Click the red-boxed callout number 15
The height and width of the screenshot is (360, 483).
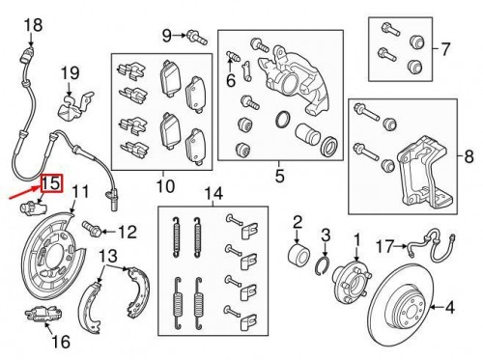[50, 182]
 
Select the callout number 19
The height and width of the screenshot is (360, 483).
[70, 72]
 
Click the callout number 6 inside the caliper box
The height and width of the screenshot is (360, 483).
[231, 81]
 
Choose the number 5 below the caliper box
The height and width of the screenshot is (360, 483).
[280, 176]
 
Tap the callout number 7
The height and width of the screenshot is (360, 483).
[445, 47]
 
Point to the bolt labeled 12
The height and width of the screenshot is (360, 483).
[97, 230]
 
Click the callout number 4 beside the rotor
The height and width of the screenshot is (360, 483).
[448, 309]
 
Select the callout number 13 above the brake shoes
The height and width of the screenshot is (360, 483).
[110, 256]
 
